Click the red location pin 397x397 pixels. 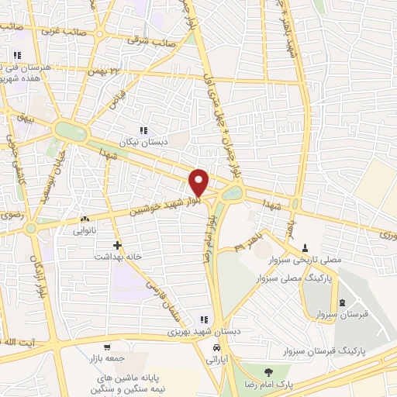(x=199, y=181)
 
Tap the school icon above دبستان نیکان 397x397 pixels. (x=143, y=130)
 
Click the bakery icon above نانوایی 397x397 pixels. (x=85, y=219)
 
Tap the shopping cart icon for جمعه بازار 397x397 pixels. (x=108, y=347)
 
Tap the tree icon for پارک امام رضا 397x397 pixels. (x=268, y=371)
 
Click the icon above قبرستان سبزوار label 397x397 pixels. (x=342, y=302)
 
